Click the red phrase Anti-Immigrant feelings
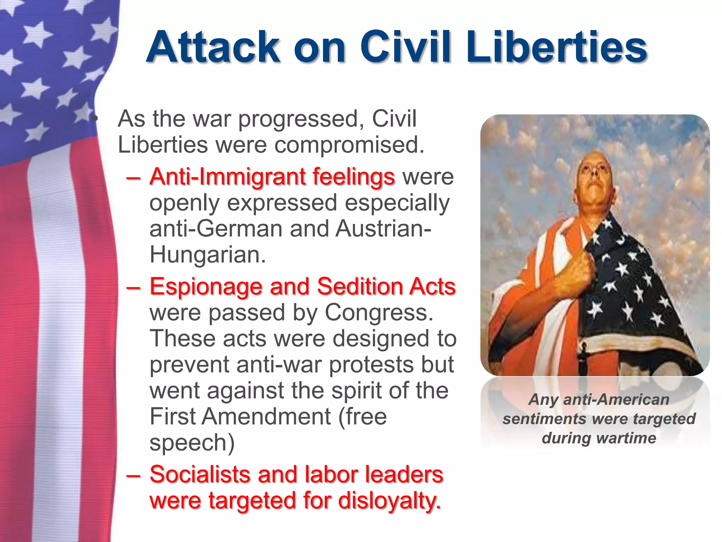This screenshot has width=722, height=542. (x=272, y=176)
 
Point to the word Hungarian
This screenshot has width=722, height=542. (x=207, y=254)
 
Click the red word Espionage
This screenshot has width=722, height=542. (x=206, y=286)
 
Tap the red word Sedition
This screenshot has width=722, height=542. (x=359, y=286)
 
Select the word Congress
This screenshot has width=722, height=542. (x=379, y=312)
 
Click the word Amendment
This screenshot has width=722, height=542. (x=266, y=416)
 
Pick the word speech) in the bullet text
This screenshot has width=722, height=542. (x=192, y=442)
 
